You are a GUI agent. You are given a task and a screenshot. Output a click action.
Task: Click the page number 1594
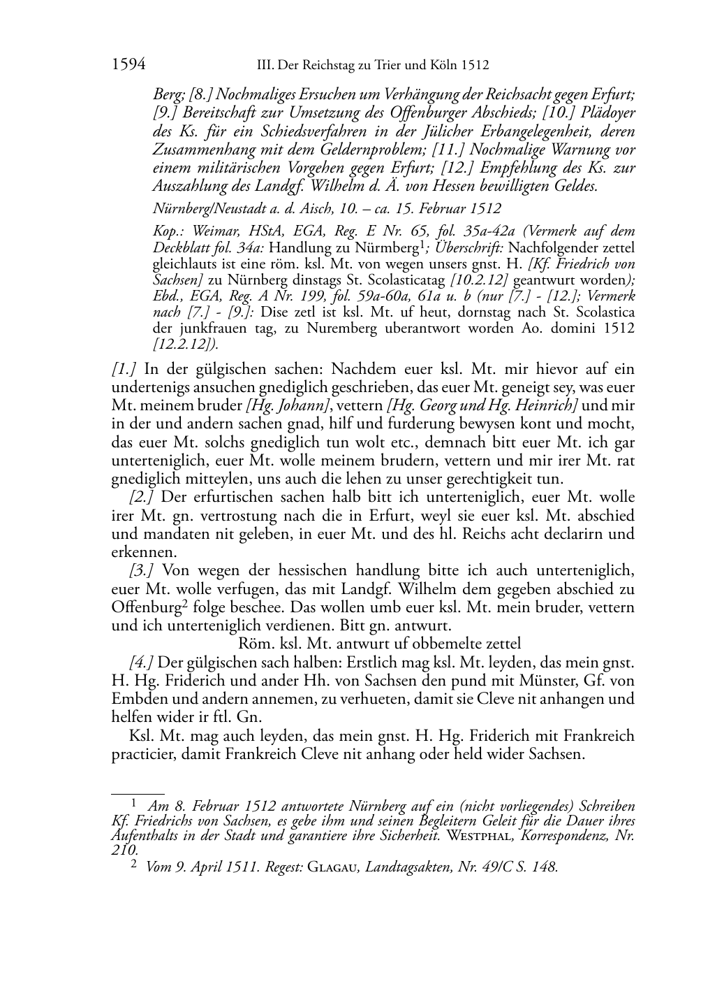tap(128, 66)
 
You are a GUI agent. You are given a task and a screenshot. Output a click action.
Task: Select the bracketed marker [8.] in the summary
tap(202, 95)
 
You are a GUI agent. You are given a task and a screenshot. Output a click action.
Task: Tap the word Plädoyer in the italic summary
tap(605, 113)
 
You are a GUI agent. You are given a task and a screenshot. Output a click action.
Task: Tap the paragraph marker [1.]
tap(124, 369)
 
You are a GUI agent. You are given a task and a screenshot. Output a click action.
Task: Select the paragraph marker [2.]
tap(141, 498)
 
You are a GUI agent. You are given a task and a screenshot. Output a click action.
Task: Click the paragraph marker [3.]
tap(141, 570)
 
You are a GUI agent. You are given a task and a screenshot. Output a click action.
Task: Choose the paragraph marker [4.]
tap(141, 662)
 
